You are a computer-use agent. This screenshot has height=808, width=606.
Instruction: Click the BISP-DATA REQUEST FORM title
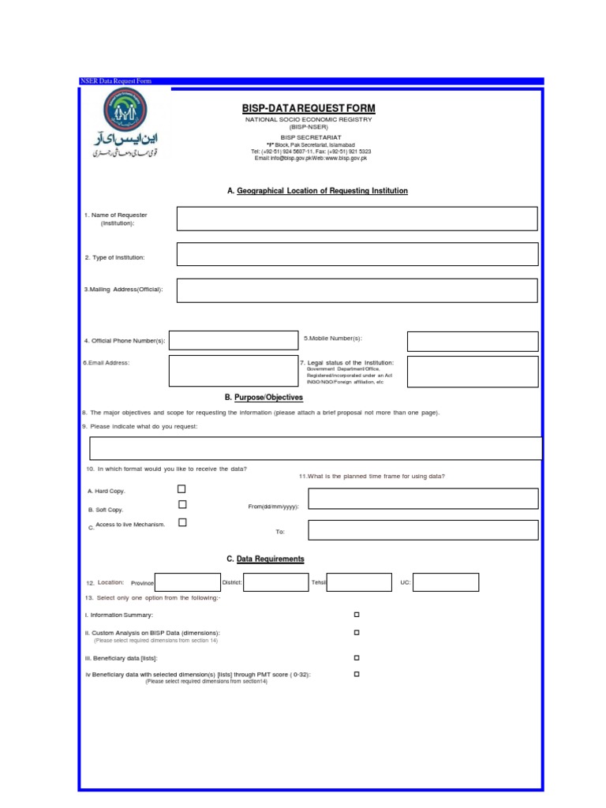tap(309, 108)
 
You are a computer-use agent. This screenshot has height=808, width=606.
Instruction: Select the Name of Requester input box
tap(357, 219)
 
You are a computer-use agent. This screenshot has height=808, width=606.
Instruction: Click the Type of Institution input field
tap(357, 254)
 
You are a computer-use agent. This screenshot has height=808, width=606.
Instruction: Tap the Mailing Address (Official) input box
tap(357, 290)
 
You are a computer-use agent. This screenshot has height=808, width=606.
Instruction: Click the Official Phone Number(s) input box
tap(223, 340)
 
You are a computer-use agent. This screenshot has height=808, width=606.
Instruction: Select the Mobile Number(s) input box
tap(473, 341)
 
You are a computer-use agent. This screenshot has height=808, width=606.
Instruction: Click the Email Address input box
tap(223, 371)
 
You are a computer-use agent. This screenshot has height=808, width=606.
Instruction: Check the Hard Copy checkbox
tap(182, 489)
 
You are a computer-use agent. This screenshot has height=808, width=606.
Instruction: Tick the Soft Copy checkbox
tap(182, 505)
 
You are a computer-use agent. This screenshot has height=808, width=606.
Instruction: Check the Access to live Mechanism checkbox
tap(182, 522)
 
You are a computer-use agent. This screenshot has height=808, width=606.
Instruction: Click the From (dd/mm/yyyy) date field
tap(423, 499)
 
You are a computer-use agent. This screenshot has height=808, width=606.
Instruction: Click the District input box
tap(275, 582)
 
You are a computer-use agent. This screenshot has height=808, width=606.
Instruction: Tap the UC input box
tap(446, 582)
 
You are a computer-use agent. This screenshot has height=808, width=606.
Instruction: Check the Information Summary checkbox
tap(357, 614)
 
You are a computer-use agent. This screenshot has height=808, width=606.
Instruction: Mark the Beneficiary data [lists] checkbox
tap(357, 657)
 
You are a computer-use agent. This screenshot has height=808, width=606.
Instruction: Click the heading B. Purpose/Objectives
tap(264, 398)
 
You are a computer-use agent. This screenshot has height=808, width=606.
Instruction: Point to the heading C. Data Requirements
tap(265, 559)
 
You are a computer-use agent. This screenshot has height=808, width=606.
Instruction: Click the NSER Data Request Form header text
tap(115, 81)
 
